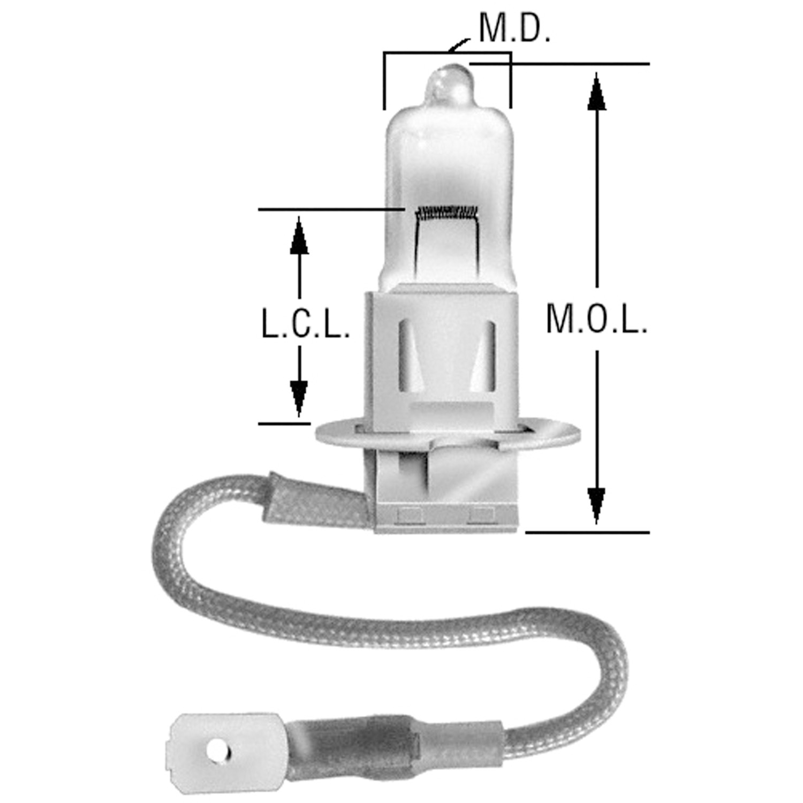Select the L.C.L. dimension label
tap(306, 323)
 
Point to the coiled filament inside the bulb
tap(447, 212)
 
